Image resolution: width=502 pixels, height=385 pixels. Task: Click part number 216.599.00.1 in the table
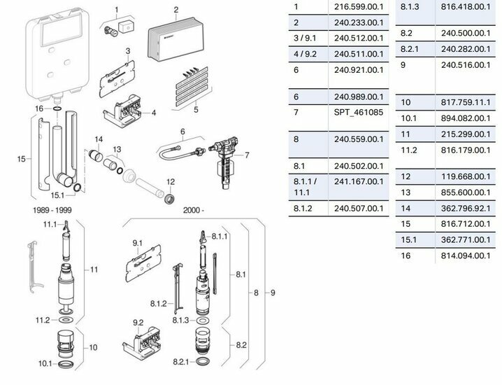click(359, 8)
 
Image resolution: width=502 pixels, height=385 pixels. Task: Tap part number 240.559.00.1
click(359, 139)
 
